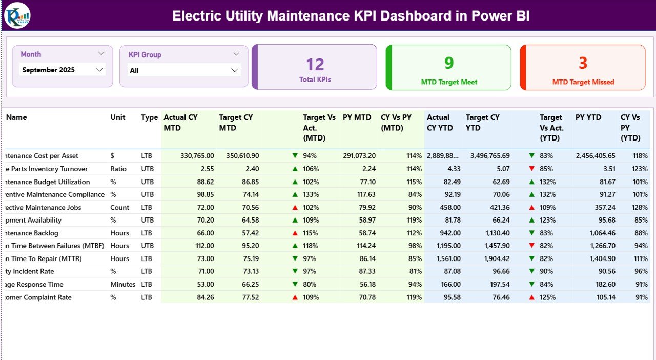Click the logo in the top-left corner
17,15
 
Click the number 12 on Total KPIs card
315,65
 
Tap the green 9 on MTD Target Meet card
449,63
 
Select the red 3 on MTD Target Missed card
583,63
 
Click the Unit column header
118,117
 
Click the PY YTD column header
587,117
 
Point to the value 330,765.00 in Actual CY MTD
197,156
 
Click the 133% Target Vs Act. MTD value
311,194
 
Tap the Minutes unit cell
122,284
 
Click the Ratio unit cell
119,169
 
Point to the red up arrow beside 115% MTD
295,233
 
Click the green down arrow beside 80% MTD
295,284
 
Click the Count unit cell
119,207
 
